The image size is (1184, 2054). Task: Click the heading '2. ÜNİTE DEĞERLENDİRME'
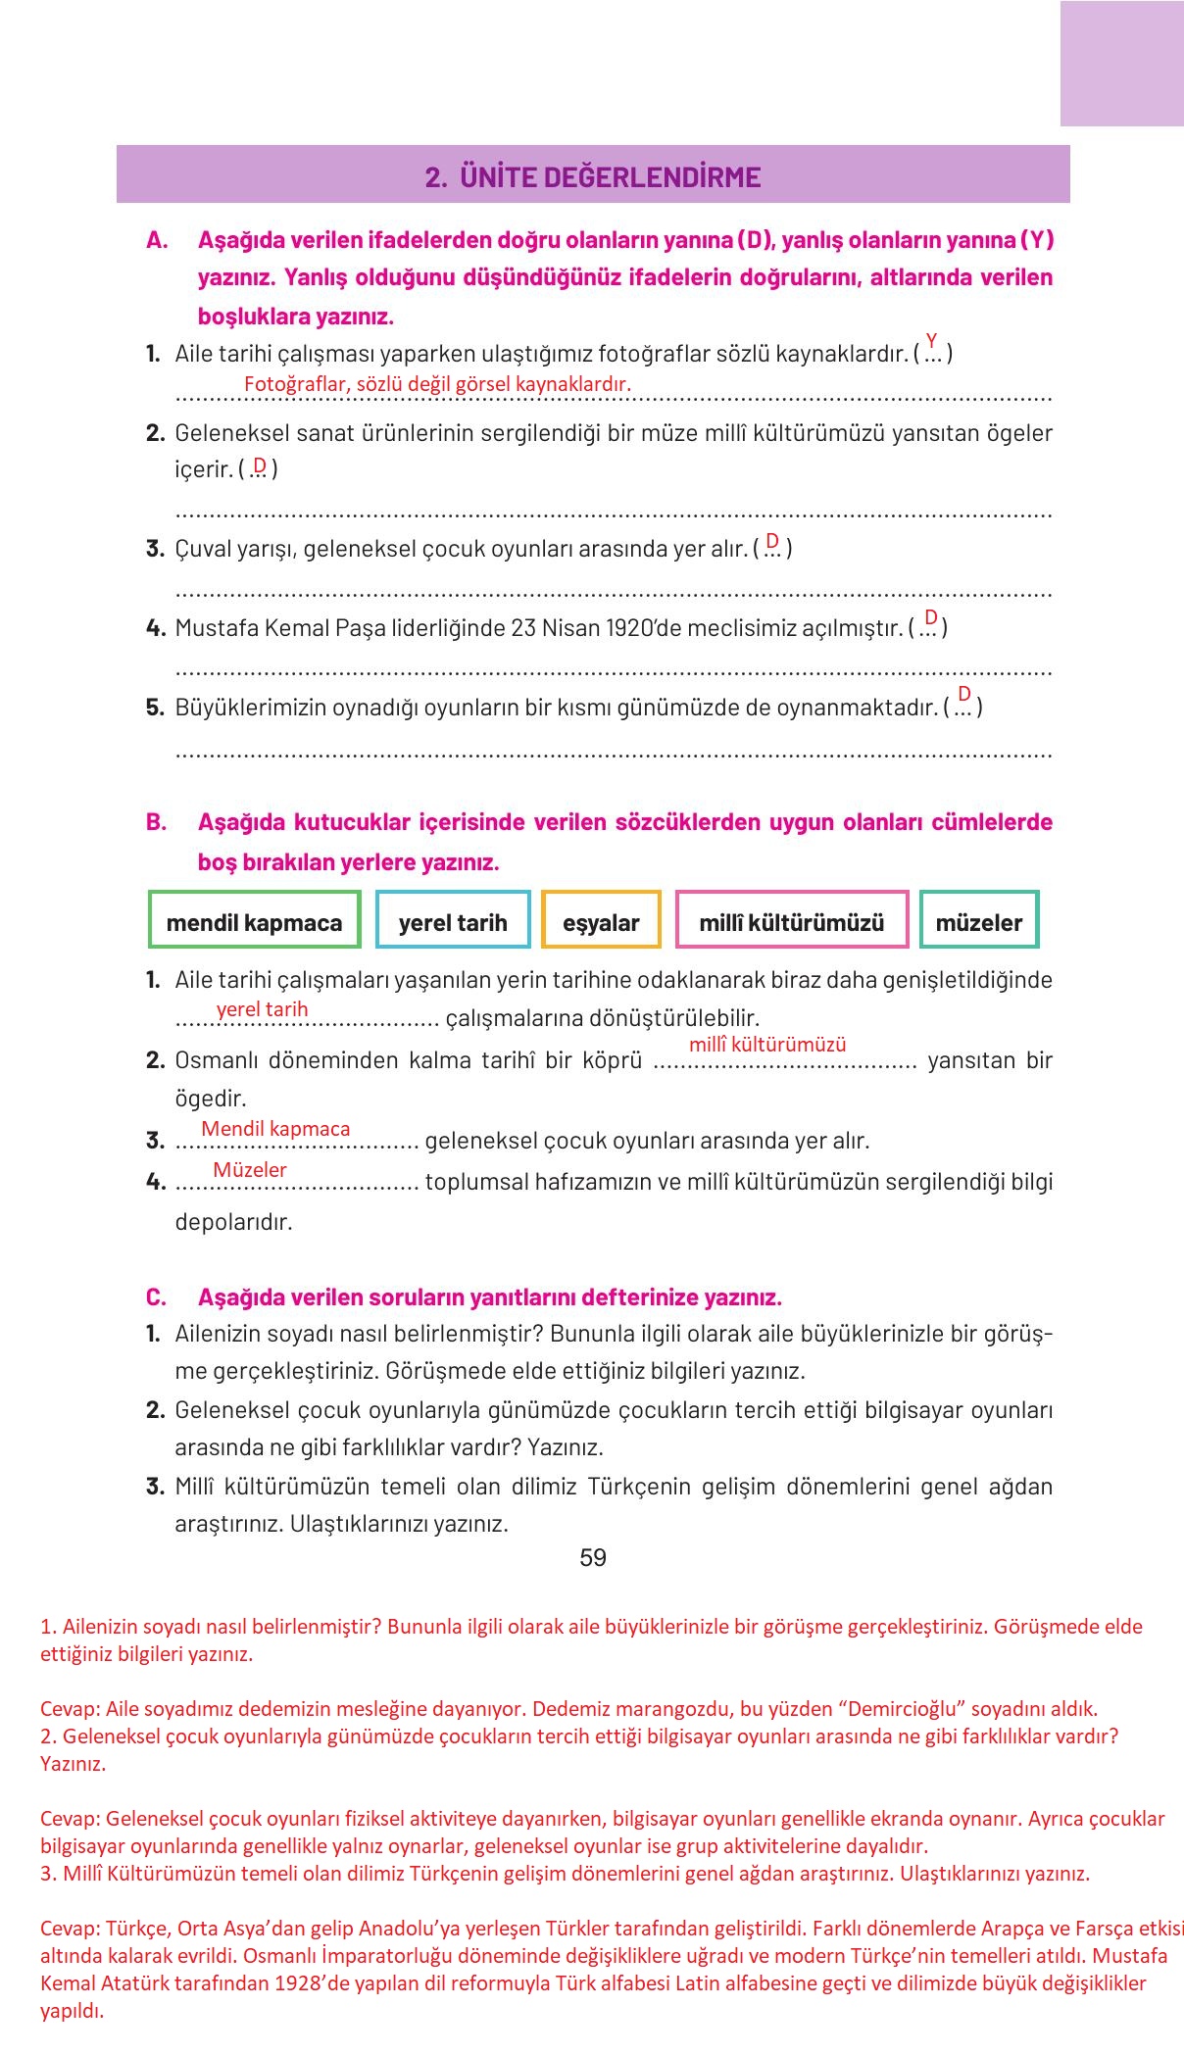click(593, 176)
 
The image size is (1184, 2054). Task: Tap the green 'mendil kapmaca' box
click(255, 922)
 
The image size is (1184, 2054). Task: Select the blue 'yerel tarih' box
click(453, 922)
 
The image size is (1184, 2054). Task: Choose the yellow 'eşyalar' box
click(601, 922)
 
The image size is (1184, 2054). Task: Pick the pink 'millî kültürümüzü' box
click(792, 922)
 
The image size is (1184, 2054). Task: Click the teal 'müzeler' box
click(978, 922)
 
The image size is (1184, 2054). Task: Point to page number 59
click(593, 1558)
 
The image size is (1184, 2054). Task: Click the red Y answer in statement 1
click(931, 340)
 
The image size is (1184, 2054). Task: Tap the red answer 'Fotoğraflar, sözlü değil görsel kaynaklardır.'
click(437, 384)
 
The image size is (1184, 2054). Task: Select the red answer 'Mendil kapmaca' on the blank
click(275, 1129)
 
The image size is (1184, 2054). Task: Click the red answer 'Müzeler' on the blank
click(250, 1170)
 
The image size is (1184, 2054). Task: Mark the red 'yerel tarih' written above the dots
click(263, 1009)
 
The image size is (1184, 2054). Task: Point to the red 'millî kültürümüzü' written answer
click(767, 1045)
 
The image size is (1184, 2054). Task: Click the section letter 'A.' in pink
click(157, 240)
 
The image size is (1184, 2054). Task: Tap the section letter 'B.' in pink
click(157, 822)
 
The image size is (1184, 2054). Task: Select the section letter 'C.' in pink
click(157, 1297)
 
